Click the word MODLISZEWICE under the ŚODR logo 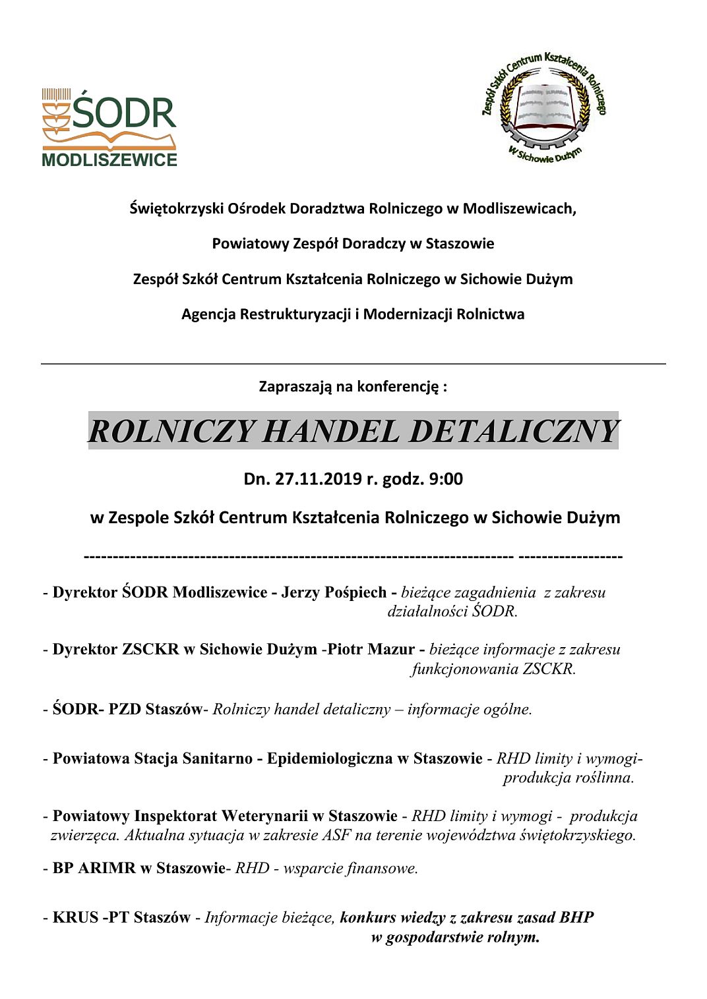pos(109,160)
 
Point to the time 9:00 pos(446,478)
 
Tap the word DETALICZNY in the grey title pos(513,432)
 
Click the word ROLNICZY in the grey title pos(171,432)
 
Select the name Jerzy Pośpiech pos(334,592)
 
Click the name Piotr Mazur pos(371,650)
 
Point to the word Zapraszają pos(295,386)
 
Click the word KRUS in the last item pos(75,917)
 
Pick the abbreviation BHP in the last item pos(576,917)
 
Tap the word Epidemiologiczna pos(330,758)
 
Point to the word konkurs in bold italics pos(368,917)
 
